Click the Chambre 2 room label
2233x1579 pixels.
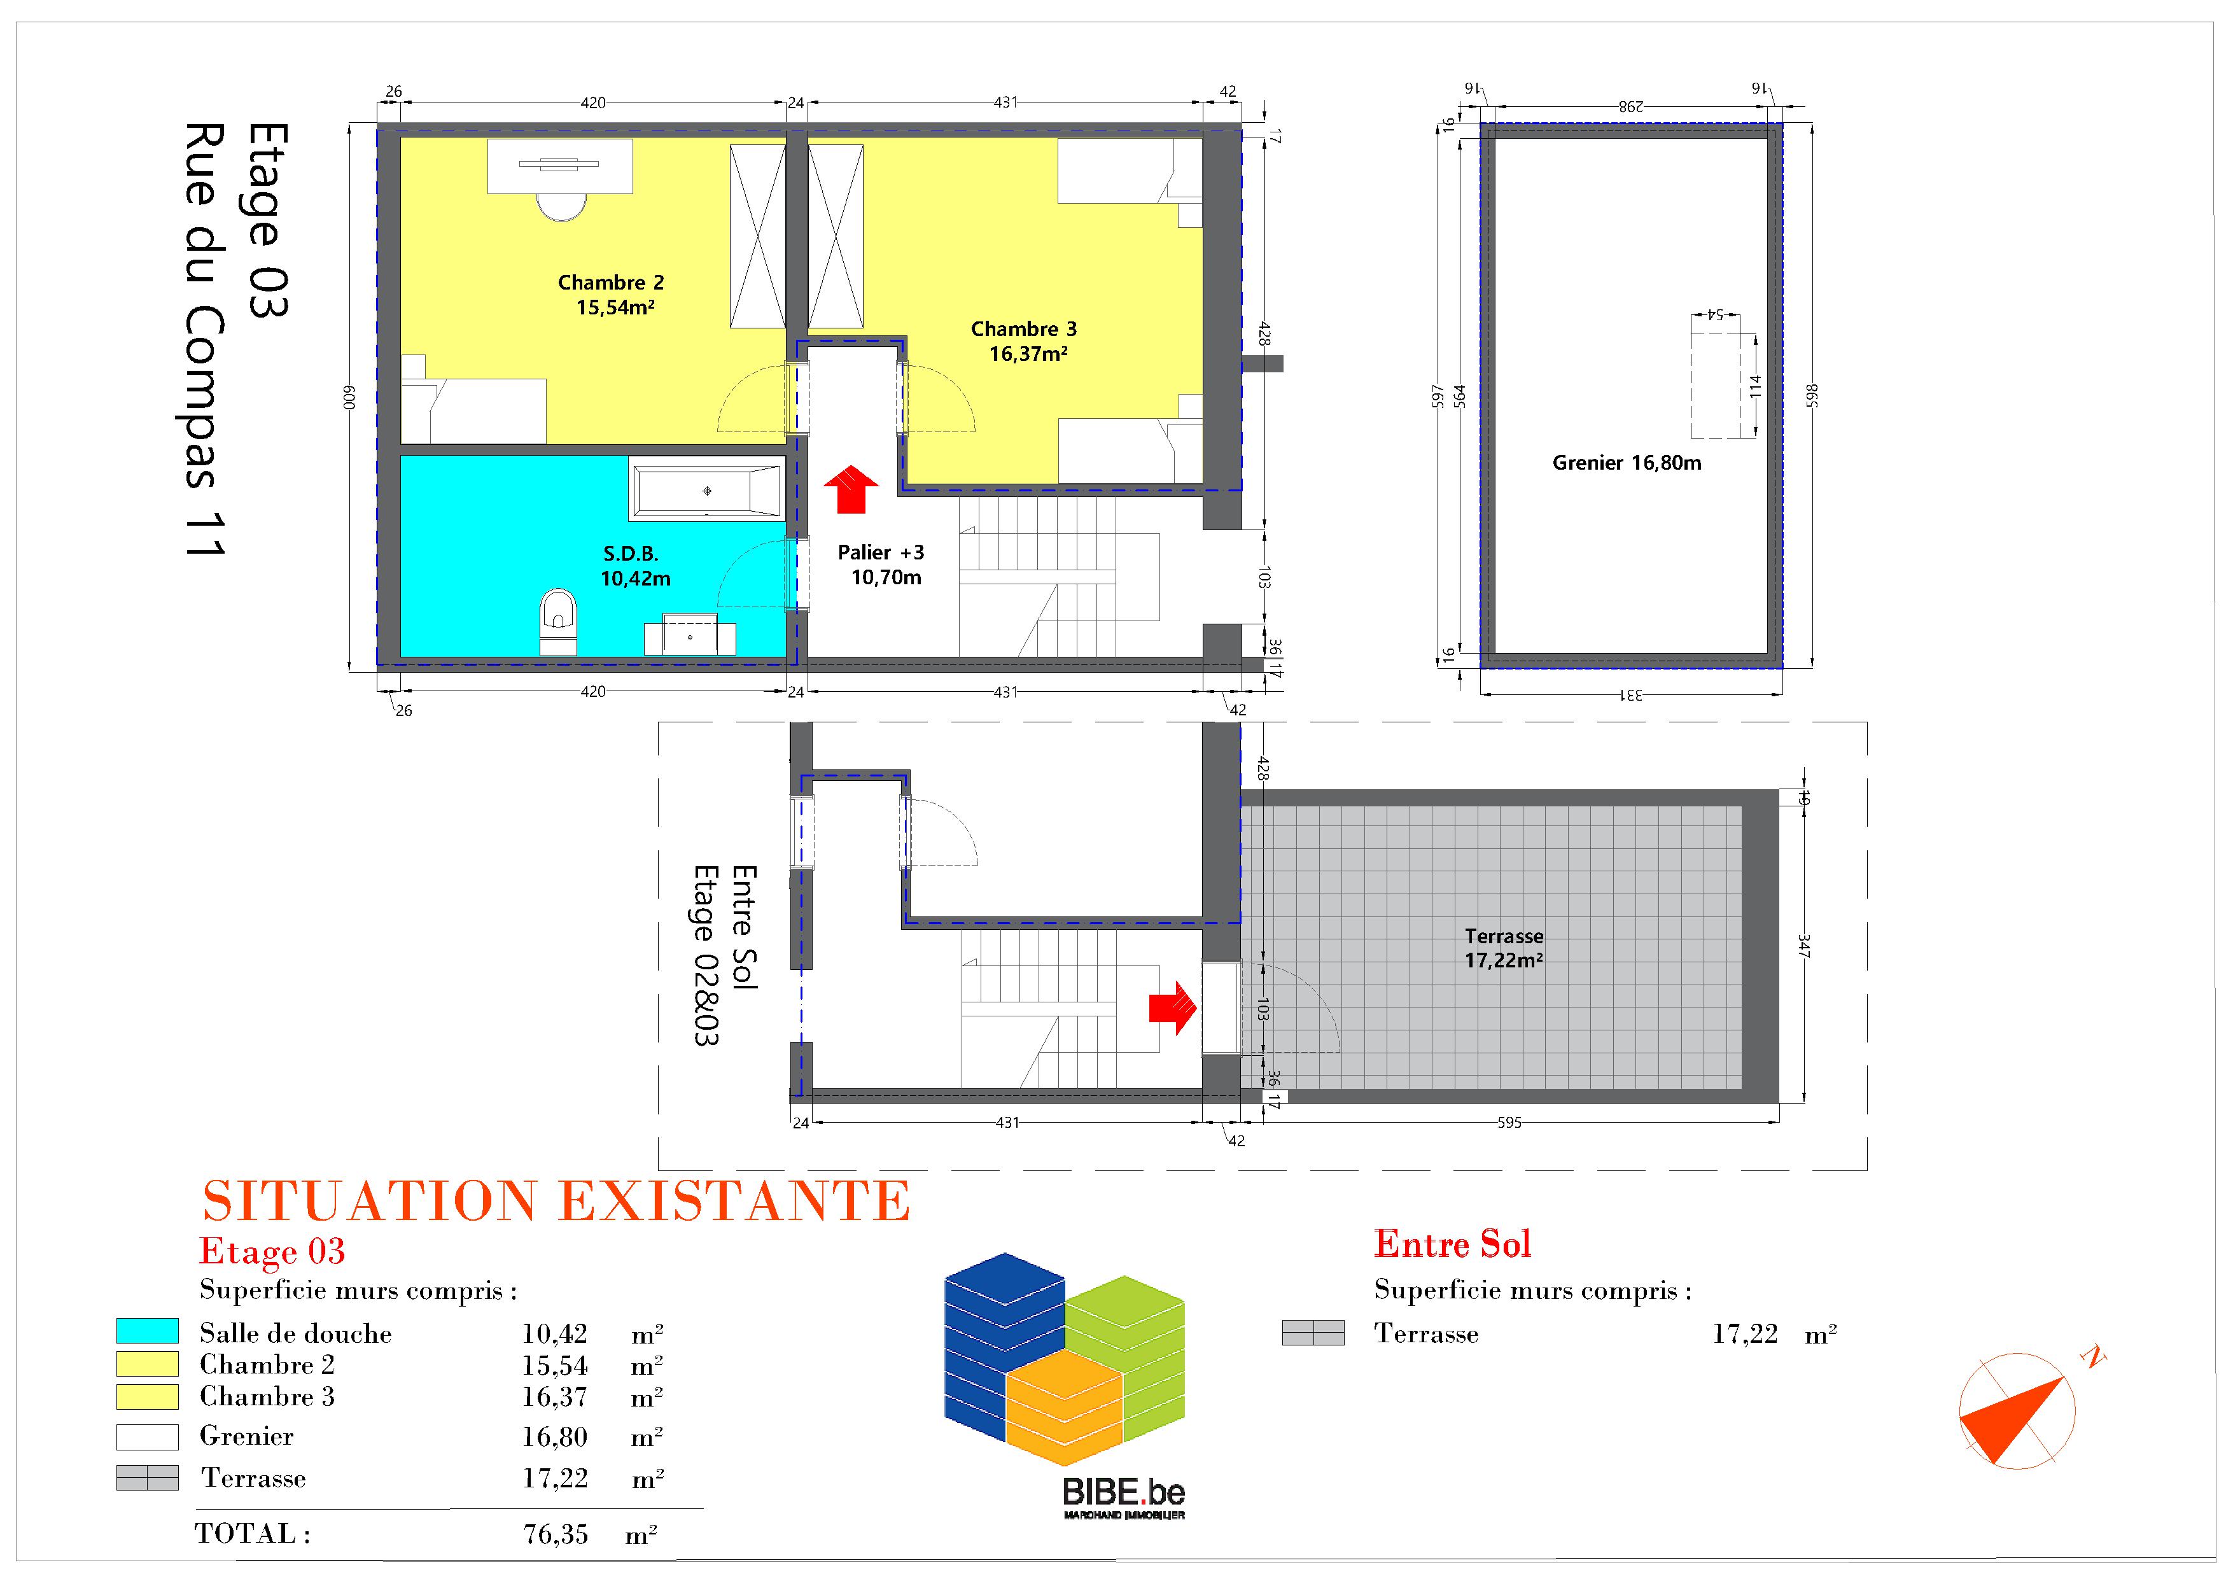click(x=611, y=282)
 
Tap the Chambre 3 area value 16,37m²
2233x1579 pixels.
click(x=1028, y=354)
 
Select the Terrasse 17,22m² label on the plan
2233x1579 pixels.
click(x=1504, y=948)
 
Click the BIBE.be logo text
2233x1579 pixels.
click(x=1123, y=1491)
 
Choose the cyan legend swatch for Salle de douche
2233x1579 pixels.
click(x=147, y=1331)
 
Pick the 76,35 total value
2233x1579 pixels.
click(x=556, y=1534)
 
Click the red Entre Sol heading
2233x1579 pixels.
click(x=1452, y=1244)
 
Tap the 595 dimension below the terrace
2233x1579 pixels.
click(x=1509, y=1122)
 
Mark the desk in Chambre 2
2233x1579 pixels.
click(x=560, y=166)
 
